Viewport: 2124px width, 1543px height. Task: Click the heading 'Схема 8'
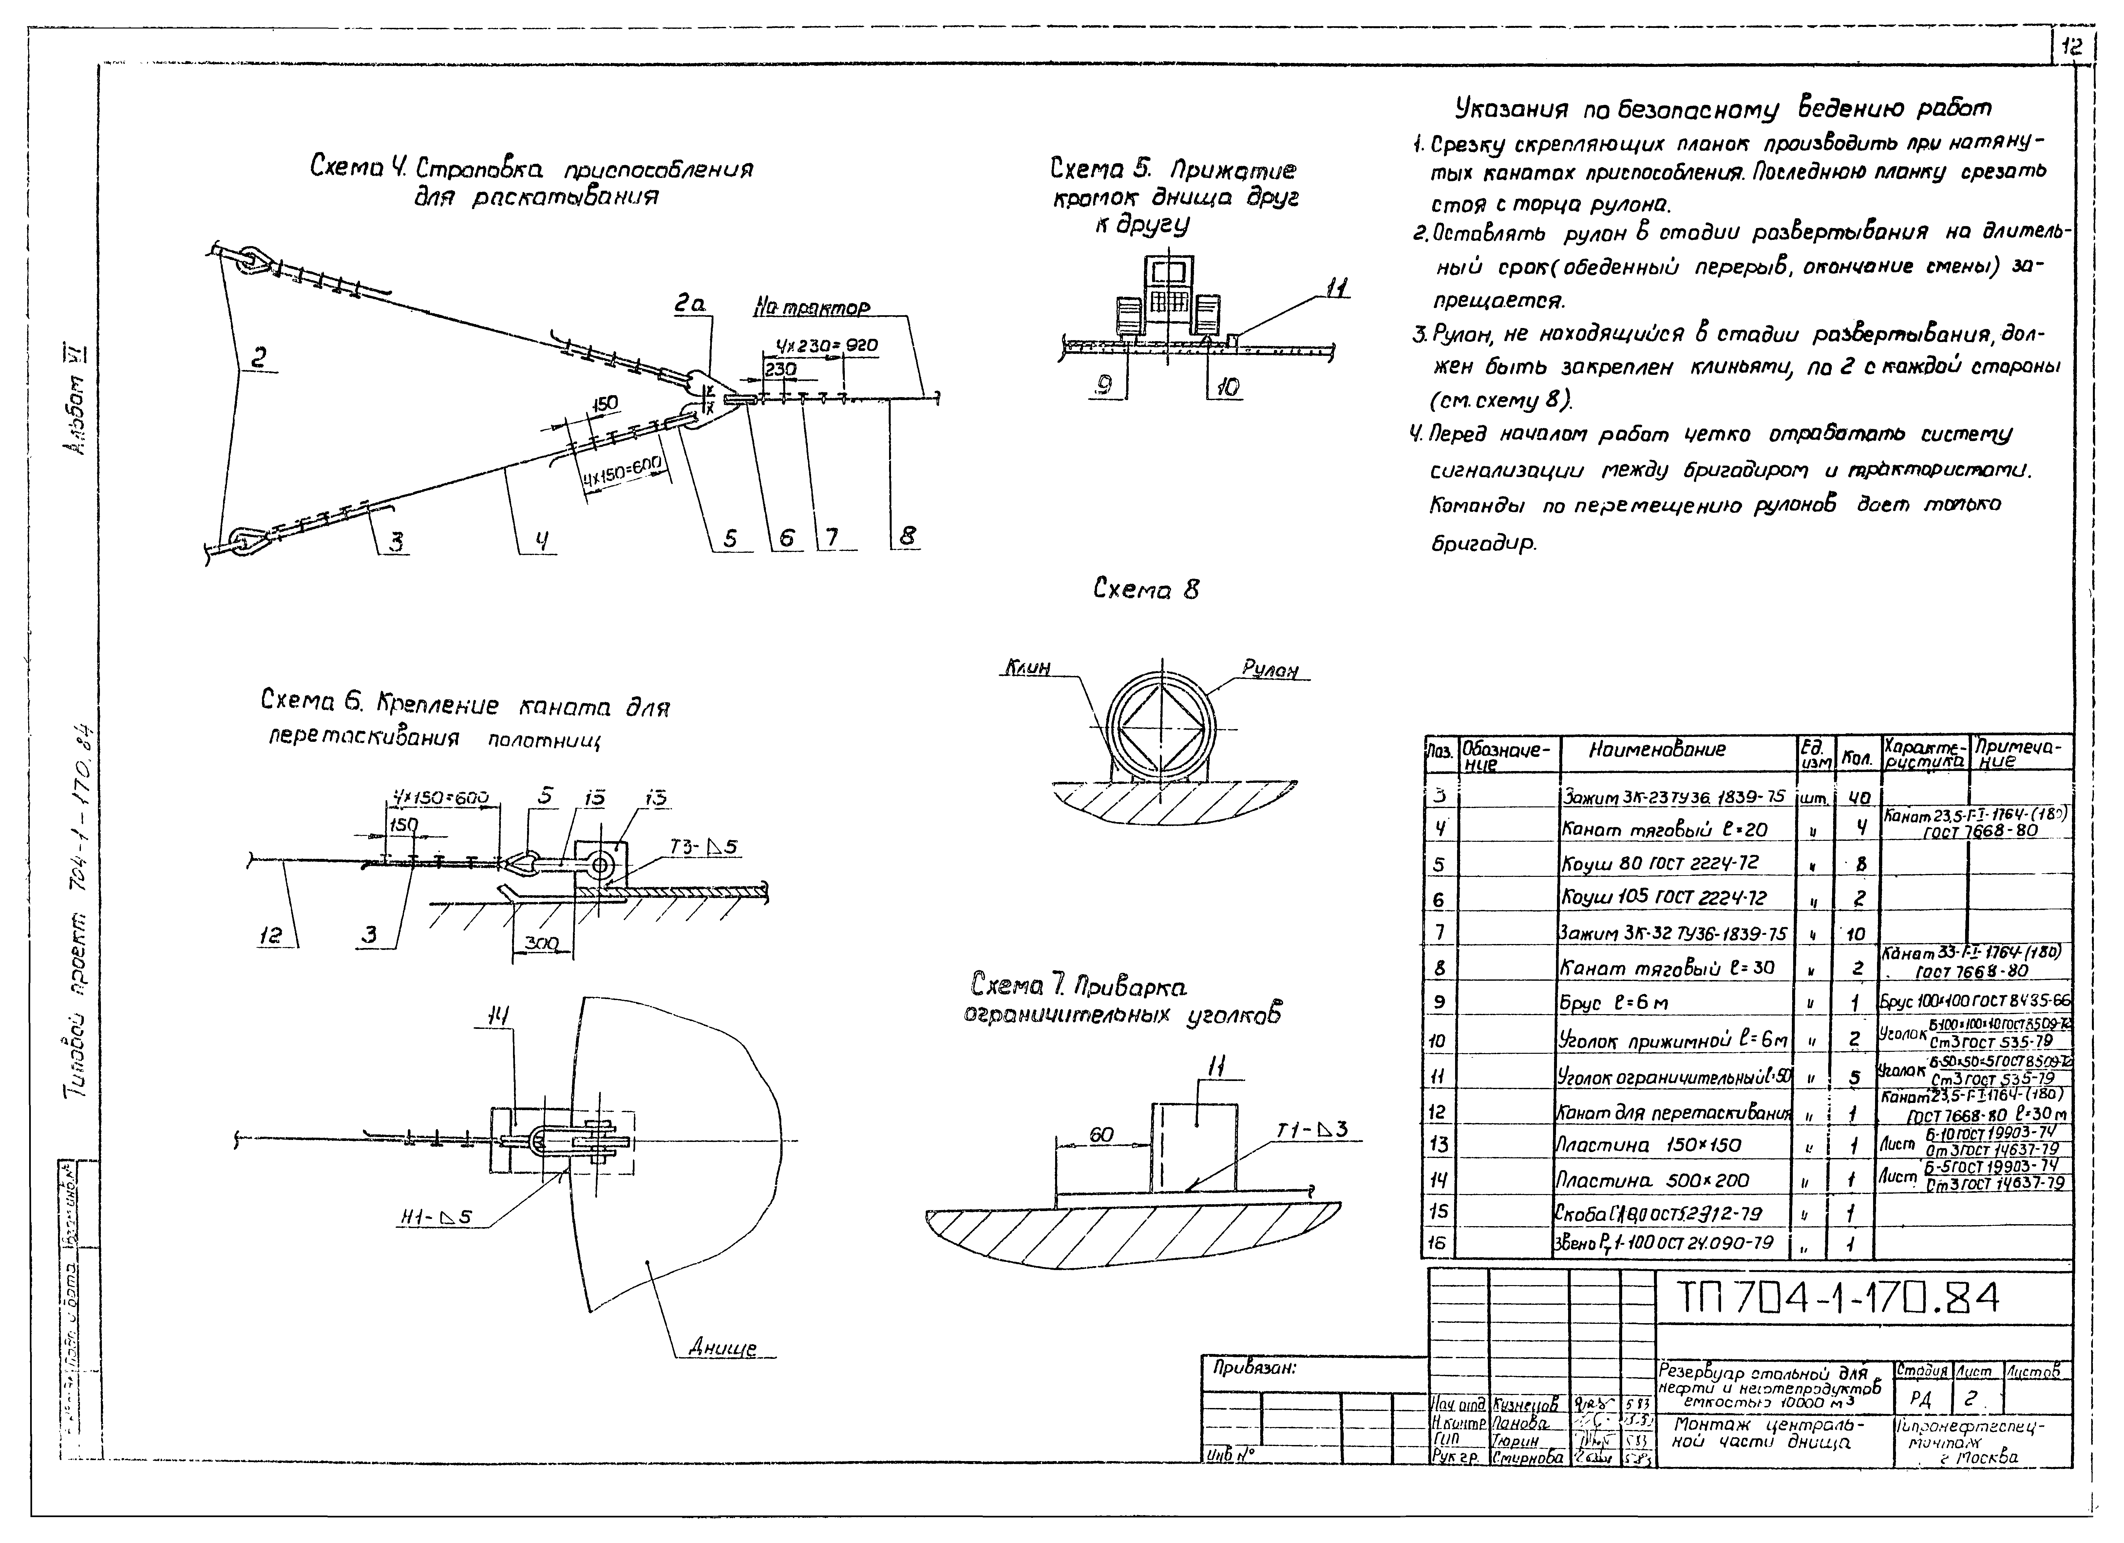[1145, 589]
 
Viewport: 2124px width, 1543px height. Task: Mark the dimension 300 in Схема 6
[541, 943]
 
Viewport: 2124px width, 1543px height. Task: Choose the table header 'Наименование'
[1658, 750]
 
